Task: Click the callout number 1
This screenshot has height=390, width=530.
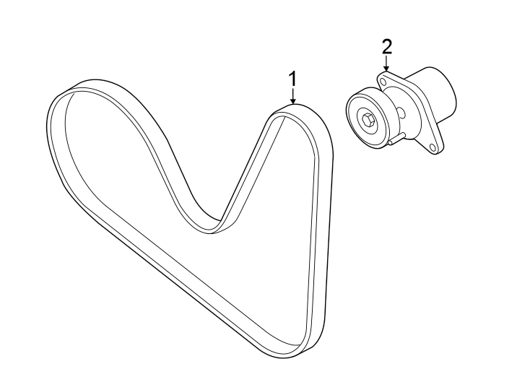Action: [293, 78]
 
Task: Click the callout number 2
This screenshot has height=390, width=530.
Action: [386, 48]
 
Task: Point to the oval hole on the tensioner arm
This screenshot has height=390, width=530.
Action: [401, 113]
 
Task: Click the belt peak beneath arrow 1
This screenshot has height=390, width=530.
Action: [293, 111]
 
